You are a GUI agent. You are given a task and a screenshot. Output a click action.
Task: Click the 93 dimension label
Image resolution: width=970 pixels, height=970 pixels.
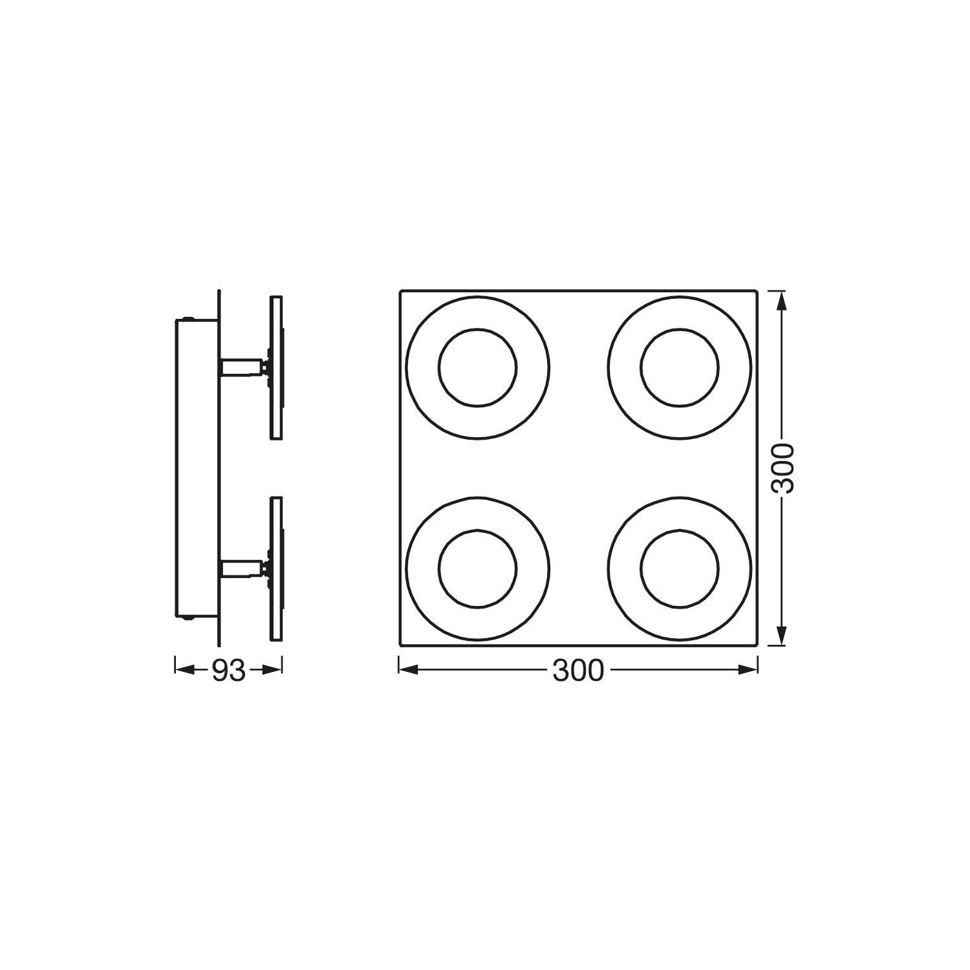click(229, 671)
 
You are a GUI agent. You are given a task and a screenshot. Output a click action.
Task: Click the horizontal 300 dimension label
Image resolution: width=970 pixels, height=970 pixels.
click(578, 671)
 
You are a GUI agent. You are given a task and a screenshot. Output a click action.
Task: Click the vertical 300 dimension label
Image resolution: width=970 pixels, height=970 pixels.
click(782, 468)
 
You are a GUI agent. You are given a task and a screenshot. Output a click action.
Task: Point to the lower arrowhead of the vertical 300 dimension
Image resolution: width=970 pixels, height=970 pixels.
click(781, 634)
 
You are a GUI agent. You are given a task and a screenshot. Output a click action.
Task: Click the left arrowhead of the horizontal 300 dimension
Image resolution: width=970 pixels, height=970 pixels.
click(409, 670)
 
